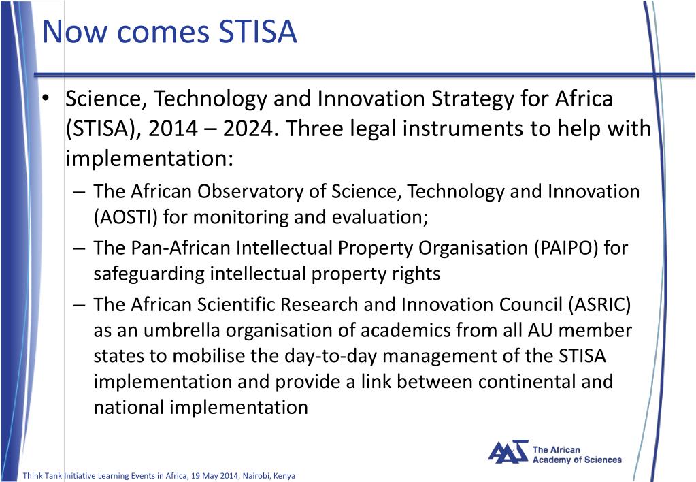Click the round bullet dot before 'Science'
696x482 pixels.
pyautogui.click(x=45, y=99)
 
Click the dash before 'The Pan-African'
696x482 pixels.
pyautogui.click(x=80, y=248)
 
